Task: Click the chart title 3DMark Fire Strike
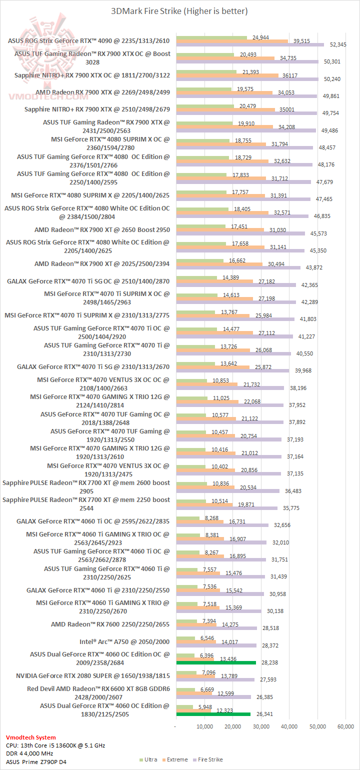[x=180, y=11]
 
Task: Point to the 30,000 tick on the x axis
[x=261, y=726]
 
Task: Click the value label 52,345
[x=338, y=45]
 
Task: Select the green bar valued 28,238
[x=216, y=662]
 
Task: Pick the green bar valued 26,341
[x=213, y=714]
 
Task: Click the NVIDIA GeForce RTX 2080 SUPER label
[x=99, y=675]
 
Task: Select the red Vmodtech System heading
[x=31, y=737]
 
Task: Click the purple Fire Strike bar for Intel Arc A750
[x=216, y=645]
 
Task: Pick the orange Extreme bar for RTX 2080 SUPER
[x=195, y=675]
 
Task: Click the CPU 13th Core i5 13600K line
[x=55, y=745]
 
